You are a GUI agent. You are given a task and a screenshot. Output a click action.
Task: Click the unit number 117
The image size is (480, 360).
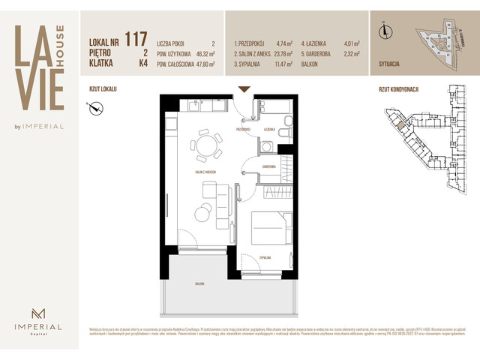click(136, 37)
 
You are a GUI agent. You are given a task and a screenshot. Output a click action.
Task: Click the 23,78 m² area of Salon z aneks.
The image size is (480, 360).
click(283, 55)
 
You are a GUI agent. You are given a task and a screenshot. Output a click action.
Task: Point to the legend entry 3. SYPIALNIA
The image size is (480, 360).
click(252, 65)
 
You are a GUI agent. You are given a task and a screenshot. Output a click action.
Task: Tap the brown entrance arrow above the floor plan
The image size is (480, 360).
click(244, 90)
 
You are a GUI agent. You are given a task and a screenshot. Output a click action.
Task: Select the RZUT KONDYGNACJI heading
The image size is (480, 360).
click(399, 89)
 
